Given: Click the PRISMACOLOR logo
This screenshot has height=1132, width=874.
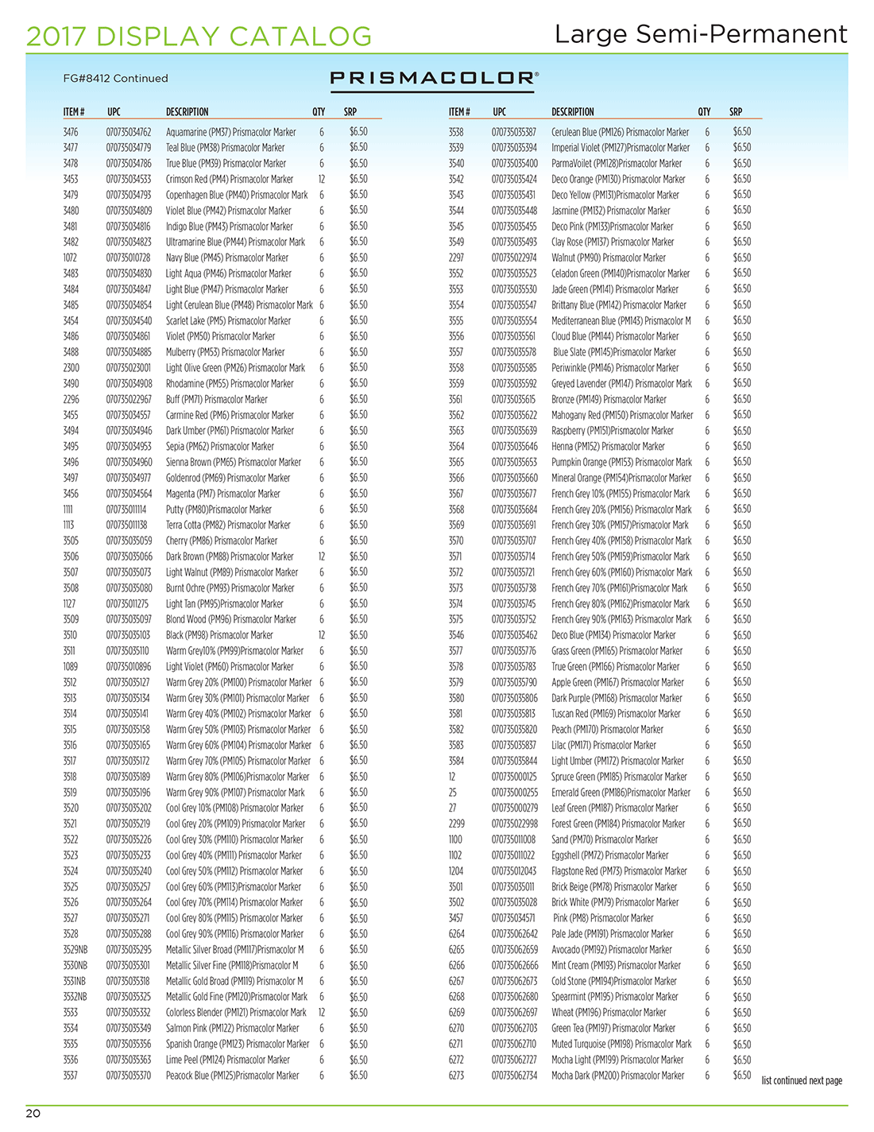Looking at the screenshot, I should pyautogui.click(x=434, y=78).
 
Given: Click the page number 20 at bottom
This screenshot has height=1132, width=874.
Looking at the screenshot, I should pyautogui.click(x=33, y=1113).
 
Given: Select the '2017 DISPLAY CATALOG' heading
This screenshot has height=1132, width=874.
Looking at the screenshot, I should pyautogui.click(x=199, y=36).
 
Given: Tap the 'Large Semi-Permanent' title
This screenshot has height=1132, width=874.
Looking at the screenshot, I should pyautogui.click(x=701, y=34).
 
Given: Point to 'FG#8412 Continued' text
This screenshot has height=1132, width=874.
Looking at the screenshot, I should pyautogui.click(x=115, y=78).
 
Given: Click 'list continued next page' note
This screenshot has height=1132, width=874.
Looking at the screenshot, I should pyautogui.click(x=801, y=1080).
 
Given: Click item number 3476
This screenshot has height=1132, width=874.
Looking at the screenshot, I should pyautogui.click(x=71, y=132).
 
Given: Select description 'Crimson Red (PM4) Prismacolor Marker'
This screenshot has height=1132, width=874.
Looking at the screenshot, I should pyautogui.click(x=229, y=180).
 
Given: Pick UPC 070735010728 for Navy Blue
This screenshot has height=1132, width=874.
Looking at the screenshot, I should pyautogui.click(x=128, y=258).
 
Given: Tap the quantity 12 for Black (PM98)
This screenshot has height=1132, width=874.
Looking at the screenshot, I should pyautogui.click(x=321, y=635).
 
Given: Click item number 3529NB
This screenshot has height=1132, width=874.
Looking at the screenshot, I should pyautogui.click(x=75, y=950).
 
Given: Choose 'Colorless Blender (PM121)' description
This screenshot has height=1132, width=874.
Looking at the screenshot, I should pyautogui.click(x=235, y=1013).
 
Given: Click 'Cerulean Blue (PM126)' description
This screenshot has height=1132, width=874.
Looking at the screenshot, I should pyautogui.click(x=620, y=132).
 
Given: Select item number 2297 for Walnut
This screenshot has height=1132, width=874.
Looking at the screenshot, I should pyautogui.click(x=456, y=258).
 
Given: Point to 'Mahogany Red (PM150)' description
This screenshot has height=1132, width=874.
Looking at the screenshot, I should pyautogui.click(x=621, y=415).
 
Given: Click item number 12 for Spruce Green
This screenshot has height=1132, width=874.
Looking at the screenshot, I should pyautogui.click(x=452, y=777).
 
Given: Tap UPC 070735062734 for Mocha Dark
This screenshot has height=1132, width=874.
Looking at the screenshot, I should pyautogui.click(x=514, y=1076).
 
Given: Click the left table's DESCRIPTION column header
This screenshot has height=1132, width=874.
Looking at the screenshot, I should pyautogui.click(x=187, y=112).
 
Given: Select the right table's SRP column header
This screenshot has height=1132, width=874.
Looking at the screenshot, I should pyautogui.click(x=736, y=112).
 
